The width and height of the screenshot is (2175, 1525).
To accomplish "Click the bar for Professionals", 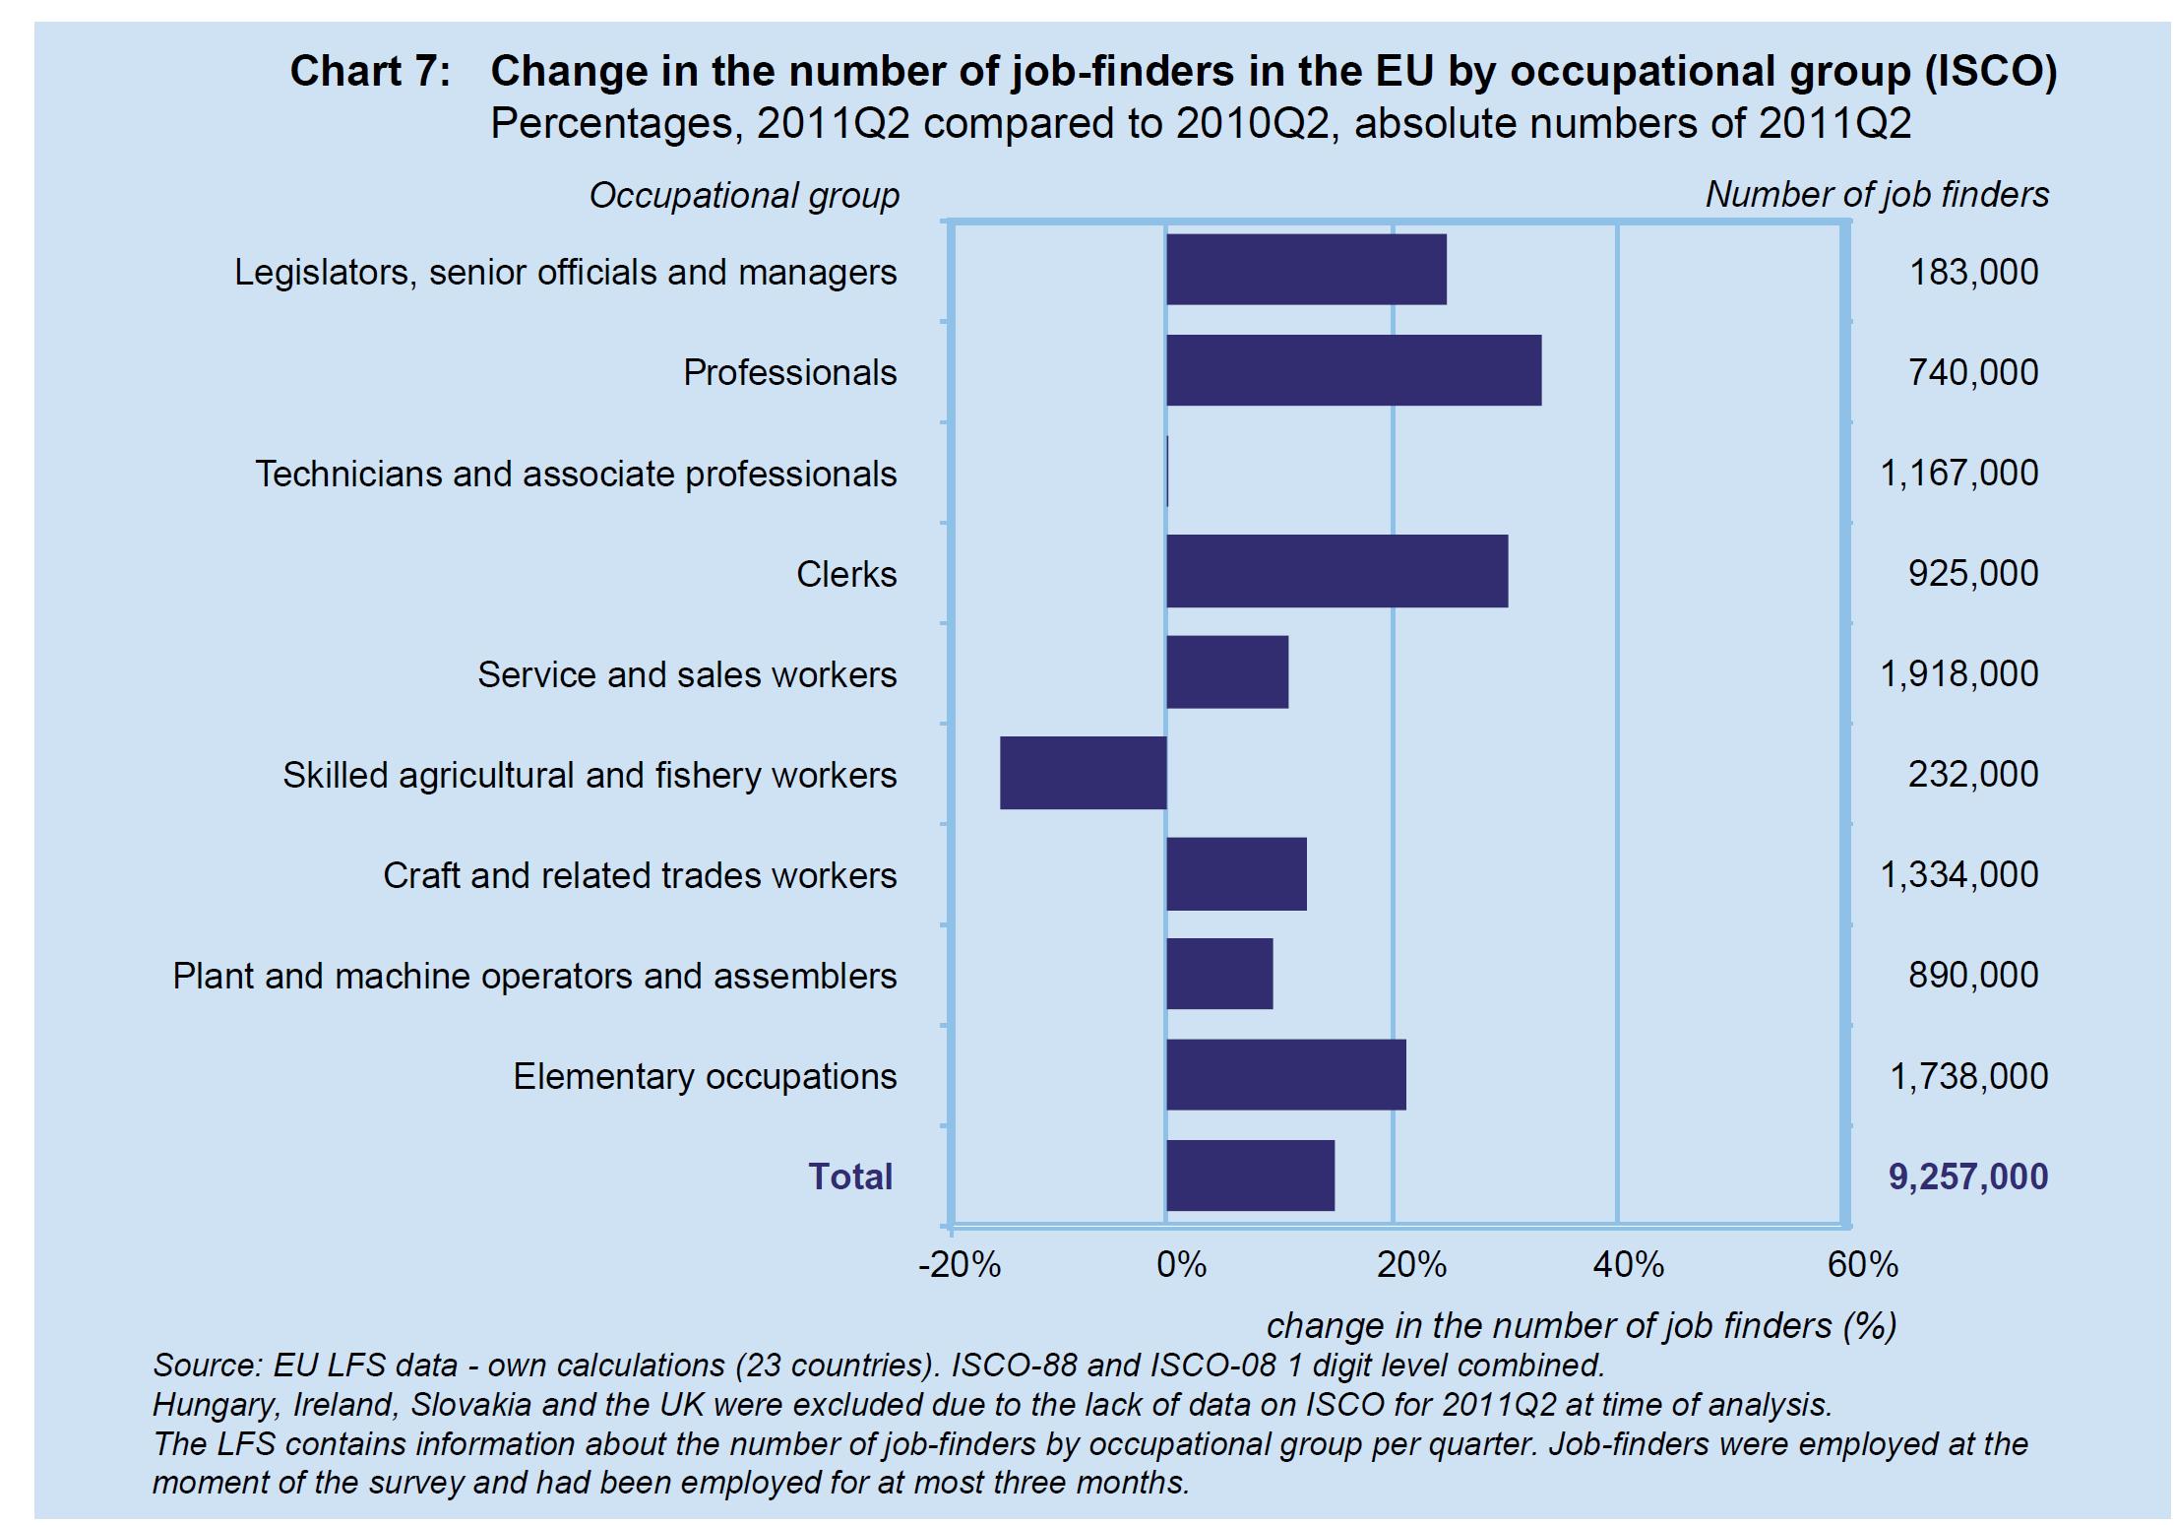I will pos(1353,370).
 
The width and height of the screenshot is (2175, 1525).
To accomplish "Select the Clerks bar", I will pos(1336,571).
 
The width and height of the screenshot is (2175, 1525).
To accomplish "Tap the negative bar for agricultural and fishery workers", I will pos(1083,773).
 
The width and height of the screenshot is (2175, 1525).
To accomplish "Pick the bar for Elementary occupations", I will pos(1285,1074).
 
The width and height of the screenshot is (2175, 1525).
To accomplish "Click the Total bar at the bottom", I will pos(1250,1176).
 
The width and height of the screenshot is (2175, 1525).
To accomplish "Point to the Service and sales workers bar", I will pos(1227,672).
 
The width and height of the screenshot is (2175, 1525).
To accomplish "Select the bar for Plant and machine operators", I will pos(1219,974).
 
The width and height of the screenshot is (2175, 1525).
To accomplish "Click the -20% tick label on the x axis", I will pos(959,1265).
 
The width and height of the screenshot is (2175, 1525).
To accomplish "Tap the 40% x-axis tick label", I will pos(1628,1265).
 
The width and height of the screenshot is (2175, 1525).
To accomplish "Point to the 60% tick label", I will pos(1862,1265).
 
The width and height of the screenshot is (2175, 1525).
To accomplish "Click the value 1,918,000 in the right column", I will pos(1958,674).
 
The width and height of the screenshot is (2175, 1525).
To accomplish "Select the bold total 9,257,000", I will pos(1967,1176).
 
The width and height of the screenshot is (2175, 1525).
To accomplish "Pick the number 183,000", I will pos(1973,273).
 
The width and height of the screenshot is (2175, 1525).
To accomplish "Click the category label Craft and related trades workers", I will pos(640,875).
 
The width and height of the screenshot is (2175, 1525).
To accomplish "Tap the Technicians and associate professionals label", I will pos(576,474).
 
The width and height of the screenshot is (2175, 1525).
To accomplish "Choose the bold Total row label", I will pos(850,1176).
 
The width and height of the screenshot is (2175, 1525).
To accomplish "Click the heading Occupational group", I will pos(744,196).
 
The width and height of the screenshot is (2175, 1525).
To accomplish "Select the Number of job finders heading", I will pos(1877,195).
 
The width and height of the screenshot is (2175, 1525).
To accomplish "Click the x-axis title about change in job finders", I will pos(1581,1325).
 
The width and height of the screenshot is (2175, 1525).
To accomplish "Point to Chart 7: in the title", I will pos(370,72).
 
